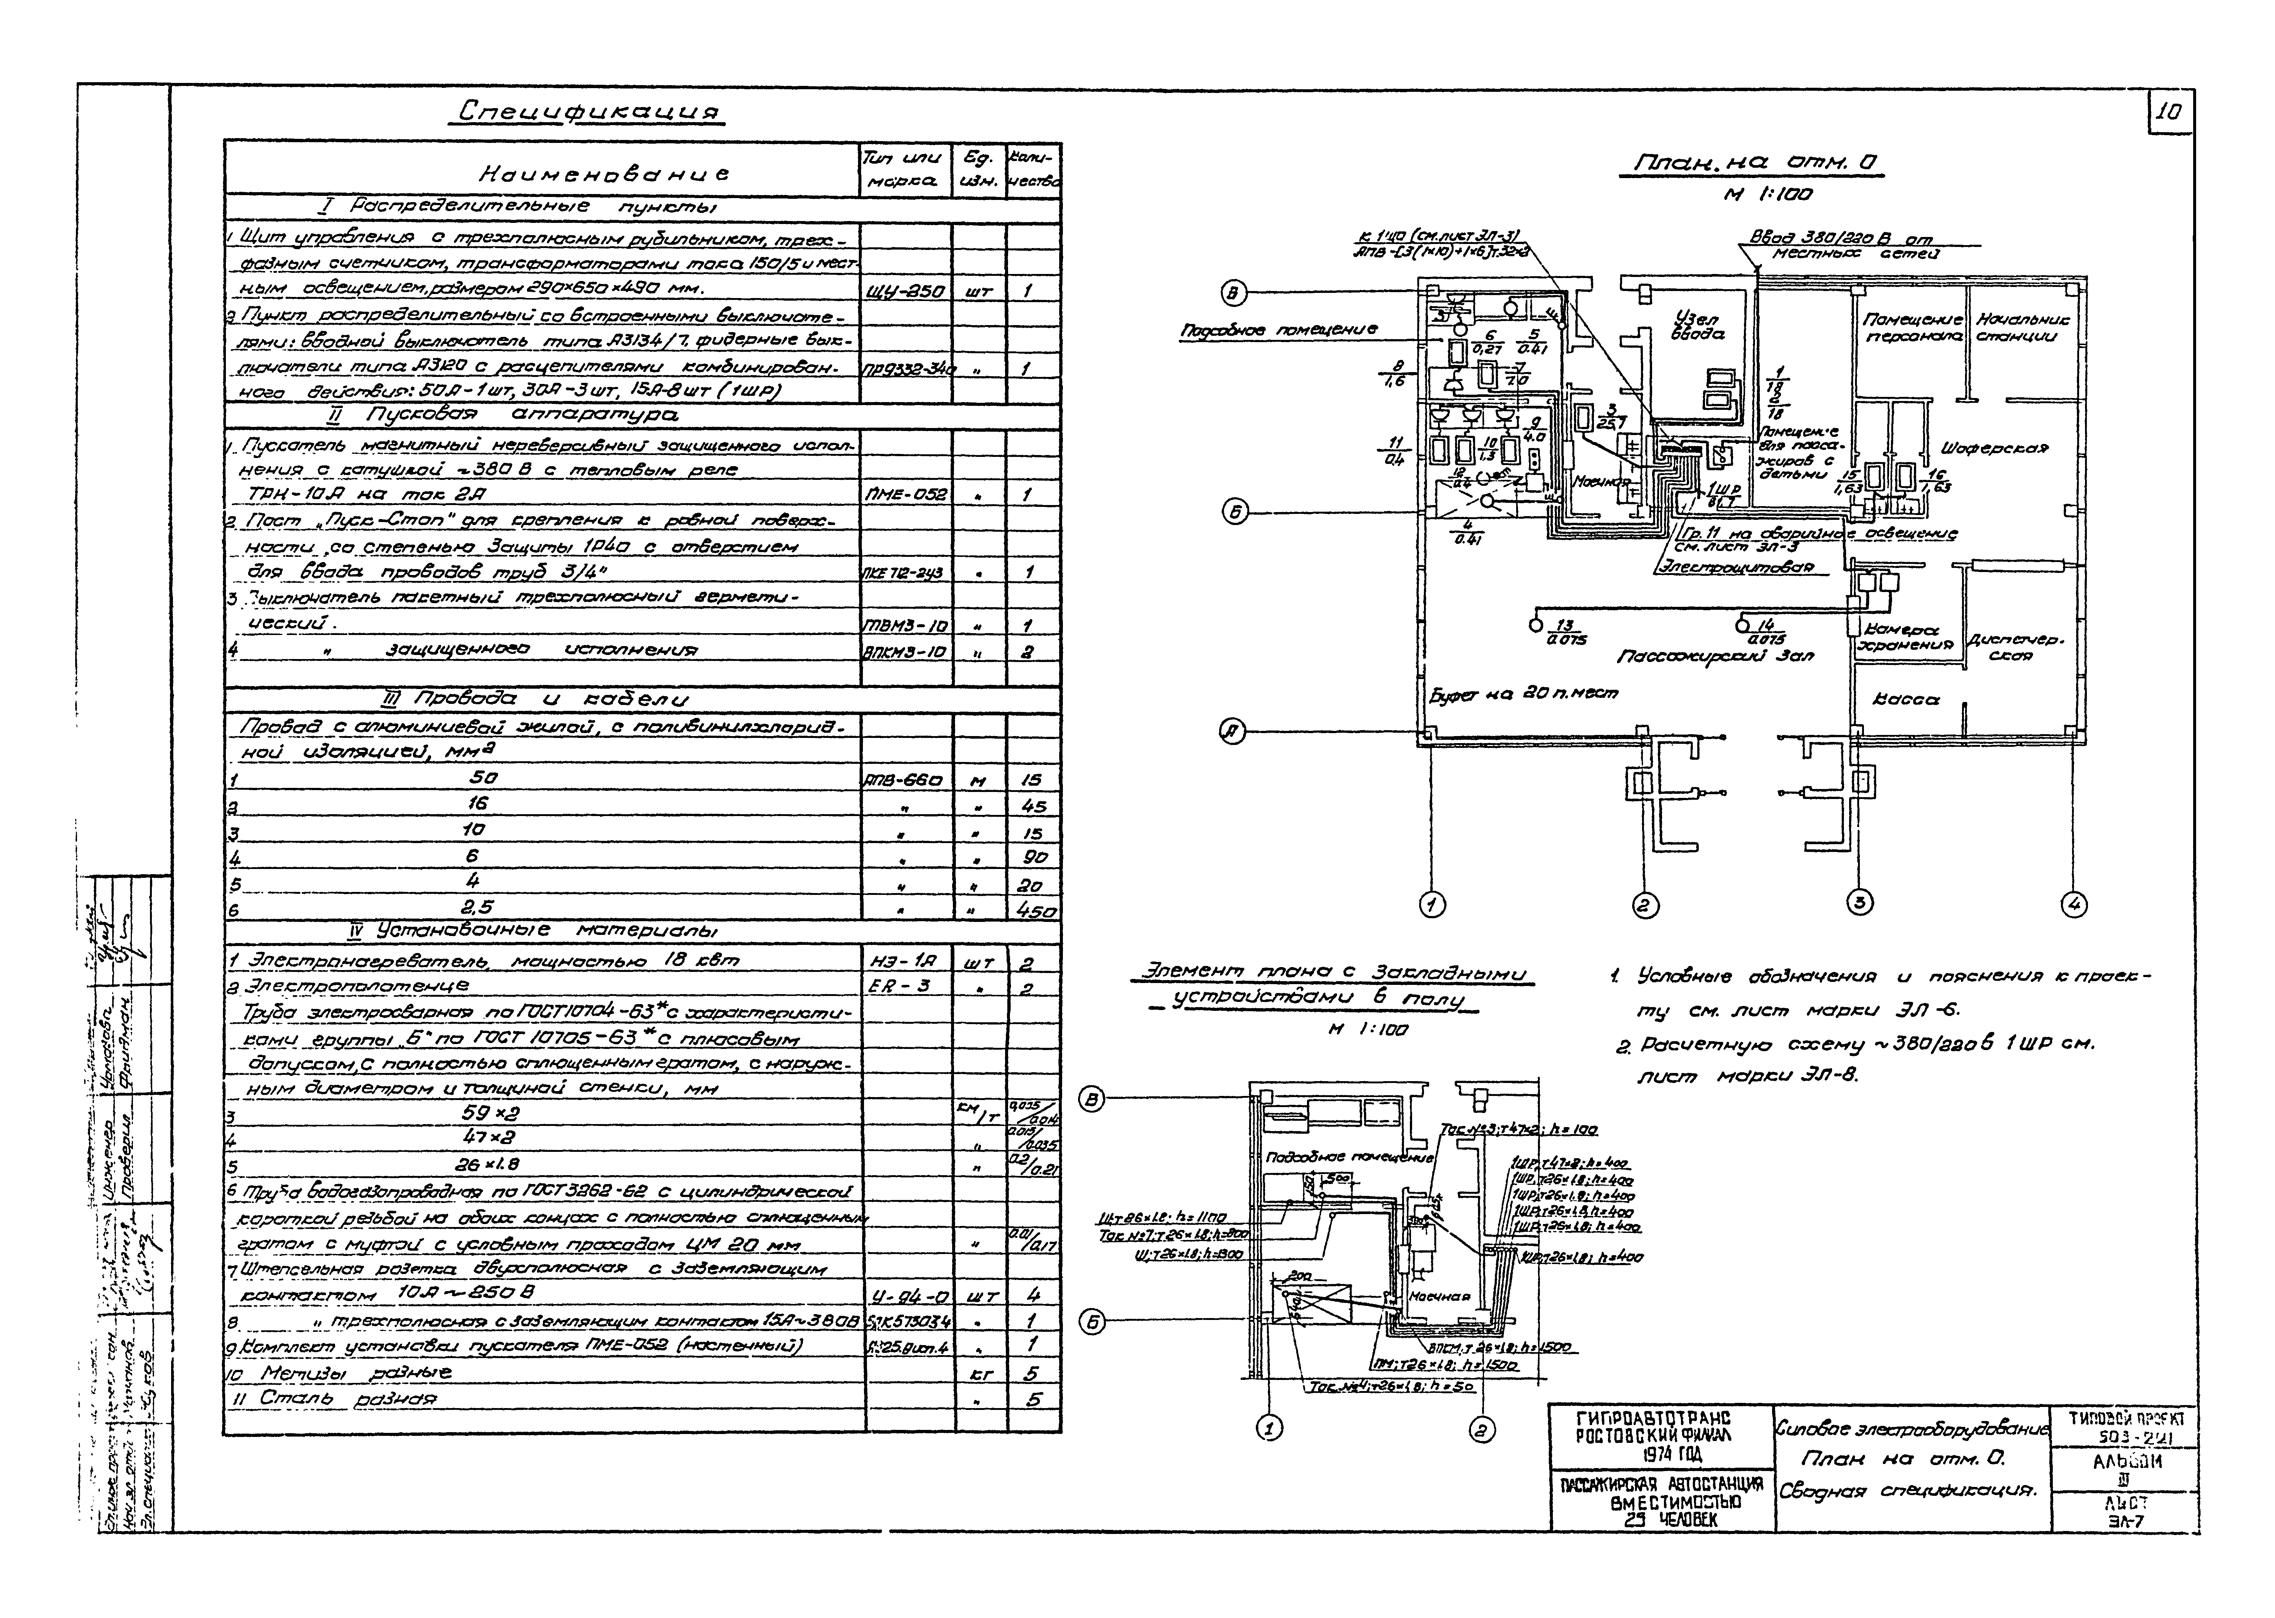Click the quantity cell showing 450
[1034, 910]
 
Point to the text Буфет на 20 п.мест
[1524, 692]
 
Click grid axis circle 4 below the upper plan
[2073, 905]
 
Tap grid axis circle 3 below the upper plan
[1859, 903]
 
